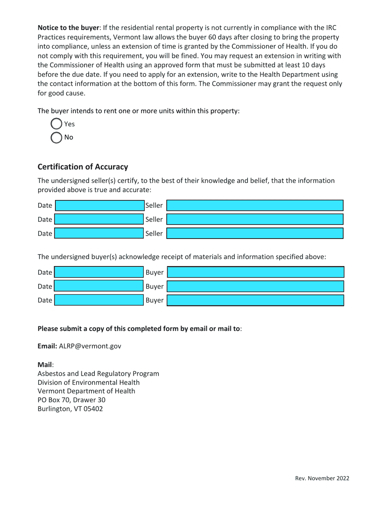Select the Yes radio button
click(x=56, y=124)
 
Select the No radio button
click(x=56, y=138)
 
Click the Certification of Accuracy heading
click(x=83, y=167)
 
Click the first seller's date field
click(x=99, y=206)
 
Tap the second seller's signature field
click(x=255, y=219)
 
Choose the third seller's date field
click(x=99, y=233)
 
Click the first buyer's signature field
click(x=256, y=272)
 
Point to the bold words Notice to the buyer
click(x=68, y=28)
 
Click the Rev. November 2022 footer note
click(x=322, y=478)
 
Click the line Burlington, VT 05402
click(x=70, y=409)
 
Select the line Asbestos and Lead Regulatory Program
click(x=98, y=374)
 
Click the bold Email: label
click(x=47, y=346)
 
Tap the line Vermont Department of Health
click(x=86, y=391)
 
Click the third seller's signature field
click(x=255, y=233)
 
